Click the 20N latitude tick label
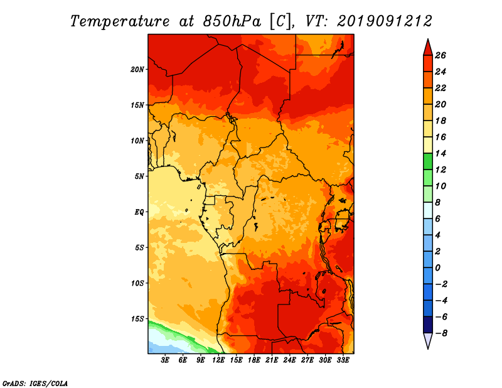(x=137, y=69)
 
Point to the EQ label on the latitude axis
(x=139, y=212)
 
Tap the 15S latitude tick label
(x=137, y=319)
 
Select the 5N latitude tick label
(x=139, y=176)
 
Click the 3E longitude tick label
(x=165, y=360)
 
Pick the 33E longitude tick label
(x=343, y=360)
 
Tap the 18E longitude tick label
(x=254, y=360)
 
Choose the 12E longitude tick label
(x=218, y=360)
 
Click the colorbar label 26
(x=441, y=55)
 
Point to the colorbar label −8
(x=441, y=333)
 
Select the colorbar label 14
(x=441, y=153)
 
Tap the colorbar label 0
(x=437, y=268)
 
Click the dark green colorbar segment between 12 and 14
(x=428, y=161)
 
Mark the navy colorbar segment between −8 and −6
(x=428, y=325)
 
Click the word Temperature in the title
(x=120, y=21)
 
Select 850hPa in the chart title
(x=232, y=21)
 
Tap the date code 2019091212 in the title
(x=385, y=21)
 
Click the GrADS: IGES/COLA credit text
(x=35, y=383)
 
